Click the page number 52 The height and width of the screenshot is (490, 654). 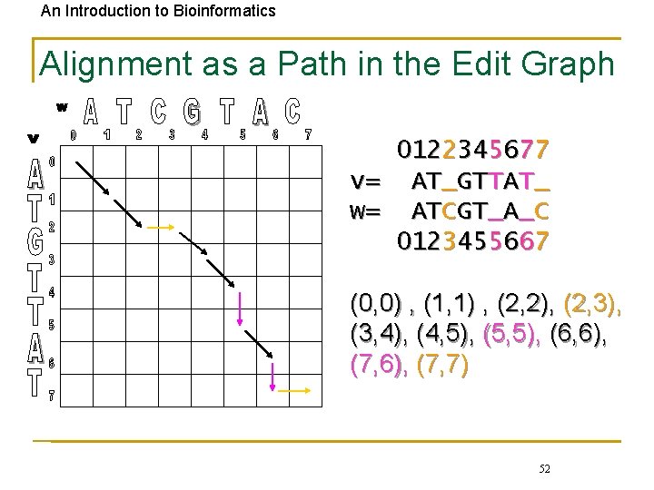(x=544, y=468)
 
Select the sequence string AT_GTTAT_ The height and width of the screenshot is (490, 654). (x=481, y=181)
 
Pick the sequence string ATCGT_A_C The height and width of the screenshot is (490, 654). (x=481, y=211)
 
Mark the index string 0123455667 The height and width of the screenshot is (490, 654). (x=472, y=241)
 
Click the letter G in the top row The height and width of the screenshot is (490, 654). (x=192, y=113)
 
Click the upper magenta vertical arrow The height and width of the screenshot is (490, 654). (x=241, y=309)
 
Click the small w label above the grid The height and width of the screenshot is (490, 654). (x=62, y=107)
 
